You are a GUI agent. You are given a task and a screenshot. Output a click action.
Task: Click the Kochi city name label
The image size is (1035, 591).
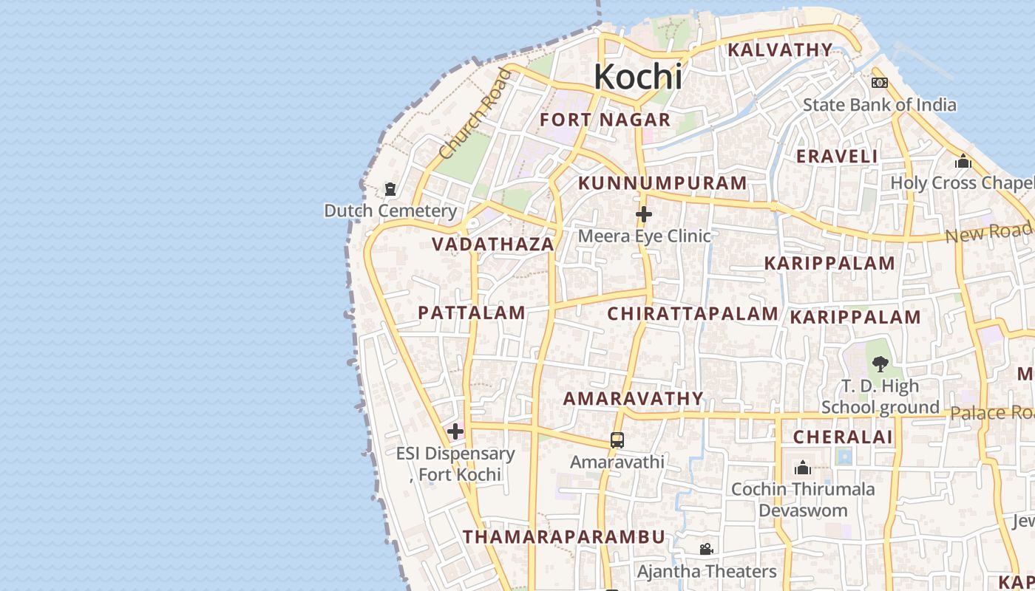637,77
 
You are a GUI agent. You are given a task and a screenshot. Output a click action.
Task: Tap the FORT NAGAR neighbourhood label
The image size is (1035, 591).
605,120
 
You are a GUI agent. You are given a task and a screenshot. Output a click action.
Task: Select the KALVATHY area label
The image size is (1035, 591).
780,50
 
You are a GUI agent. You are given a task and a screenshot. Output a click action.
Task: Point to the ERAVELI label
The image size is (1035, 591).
837,157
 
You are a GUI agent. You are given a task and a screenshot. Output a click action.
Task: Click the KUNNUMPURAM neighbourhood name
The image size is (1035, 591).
662,183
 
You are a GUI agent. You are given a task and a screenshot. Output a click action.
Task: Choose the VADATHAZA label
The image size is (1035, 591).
493,245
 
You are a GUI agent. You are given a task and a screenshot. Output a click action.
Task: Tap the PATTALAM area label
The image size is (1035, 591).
472,312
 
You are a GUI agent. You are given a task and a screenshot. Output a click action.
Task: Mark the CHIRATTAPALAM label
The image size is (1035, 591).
693,314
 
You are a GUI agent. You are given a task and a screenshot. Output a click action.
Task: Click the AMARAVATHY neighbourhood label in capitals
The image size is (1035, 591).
634,399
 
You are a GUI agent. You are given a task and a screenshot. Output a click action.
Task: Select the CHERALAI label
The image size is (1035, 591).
843,437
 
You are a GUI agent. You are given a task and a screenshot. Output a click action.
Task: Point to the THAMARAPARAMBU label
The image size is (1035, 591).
564,537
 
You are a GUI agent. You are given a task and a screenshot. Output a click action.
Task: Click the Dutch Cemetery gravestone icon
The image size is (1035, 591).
390,190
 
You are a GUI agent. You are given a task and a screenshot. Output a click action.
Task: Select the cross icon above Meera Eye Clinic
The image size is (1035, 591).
644,215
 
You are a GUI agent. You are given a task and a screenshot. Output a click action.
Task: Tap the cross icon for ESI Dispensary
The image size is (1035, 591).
455,431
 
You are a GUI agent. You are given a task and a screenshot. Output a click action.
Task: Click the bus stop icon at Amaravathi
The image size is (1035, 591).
617,440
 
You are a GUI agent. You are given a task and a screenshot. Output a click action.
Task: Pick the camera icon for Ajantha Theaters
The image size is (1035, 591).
706,550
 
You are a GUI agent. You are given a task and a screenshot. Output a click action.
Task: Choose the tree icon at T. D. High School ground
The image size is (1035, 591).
880,363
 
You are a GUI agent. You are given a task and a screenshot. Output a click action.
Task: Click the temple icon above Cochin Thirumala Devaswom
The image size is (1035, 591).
803,468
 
